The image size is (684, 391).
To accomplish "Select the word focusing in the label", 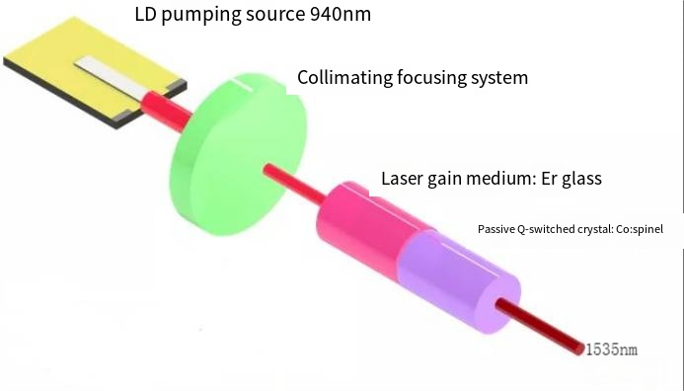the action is click(x=432, y=77).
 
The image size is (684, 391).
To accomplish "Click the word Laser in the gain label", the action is click(x=403, y=179).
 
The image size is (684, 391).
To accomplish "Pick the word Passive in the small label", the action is click(x=495, y=229).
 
